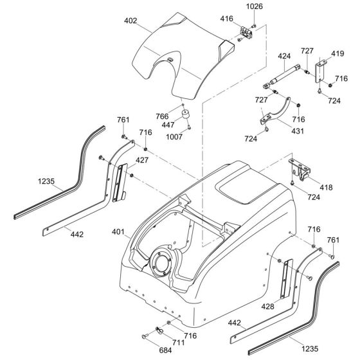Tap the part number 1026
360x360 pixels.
[255, 7]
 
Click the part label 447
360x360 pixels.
[169, 124]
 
